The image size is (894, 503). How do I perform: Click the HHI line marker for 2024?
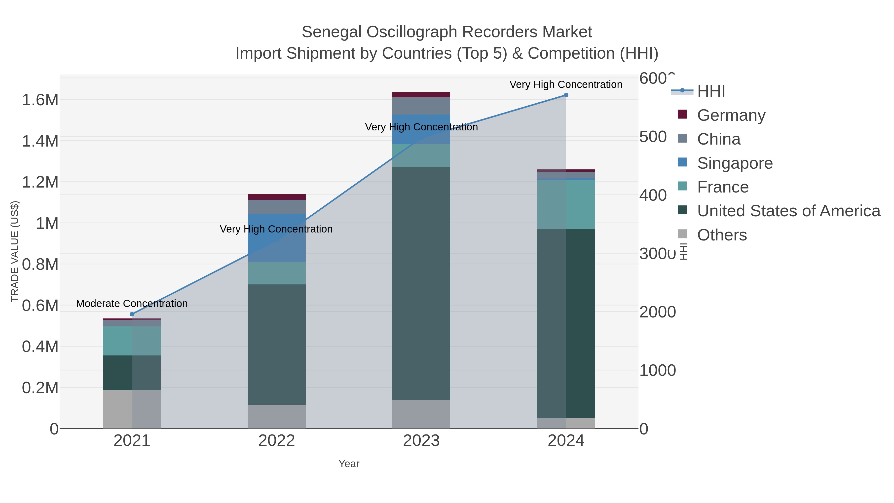tap(566, 95)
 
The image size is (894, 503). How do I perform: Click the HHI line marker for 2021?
tap(132, 314)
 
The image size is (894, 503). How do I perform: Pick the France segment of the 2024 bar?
tap(566, 204)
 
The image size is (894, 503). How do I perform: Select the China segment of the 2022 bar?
tap(277, 207)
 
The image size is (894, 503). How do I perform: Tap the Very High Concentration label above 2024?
tap(566, 84)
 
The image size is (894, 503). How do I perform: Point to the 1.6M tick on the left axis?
tap(40, 100)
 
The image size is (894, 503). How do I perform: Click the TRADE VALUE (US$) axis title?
tap(15, 251)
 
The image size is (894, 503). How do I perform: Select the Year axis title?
tap(349, 464)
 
